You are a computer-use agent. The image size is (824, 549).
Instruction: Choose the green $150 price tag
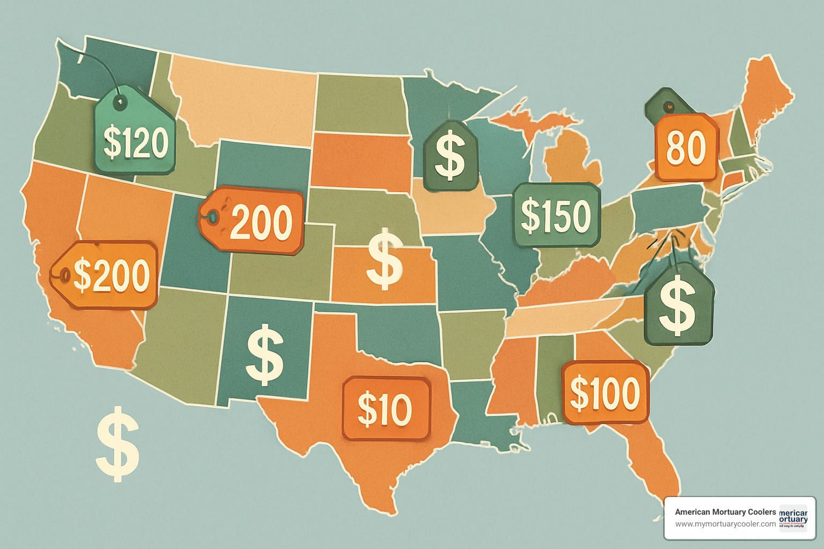(x=556, y=215)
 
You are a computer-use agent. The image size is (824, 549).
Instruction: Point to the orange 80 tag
(x=686, y=148)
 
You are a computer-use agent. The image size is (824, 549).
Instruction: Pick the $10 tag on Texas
(x=386, y=409)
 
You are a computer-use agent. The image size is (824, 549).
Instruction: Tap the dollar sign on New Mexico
(x=265, y=354)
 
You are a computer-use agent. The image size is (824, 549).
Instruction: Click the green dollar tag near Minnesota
(x=450, y=156)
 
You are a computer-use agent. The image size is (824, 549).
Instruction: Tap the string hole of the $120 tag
(x=119, y=101)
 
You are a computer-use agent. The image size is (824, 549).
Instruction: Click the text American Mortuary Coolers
(x=725, y=512)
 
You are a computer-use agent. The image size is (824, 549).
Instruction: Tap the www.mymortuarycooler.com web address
(x=725, y=524)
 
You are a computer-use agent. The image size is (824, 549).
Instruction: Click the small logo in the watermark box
(x=793, y=518)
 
